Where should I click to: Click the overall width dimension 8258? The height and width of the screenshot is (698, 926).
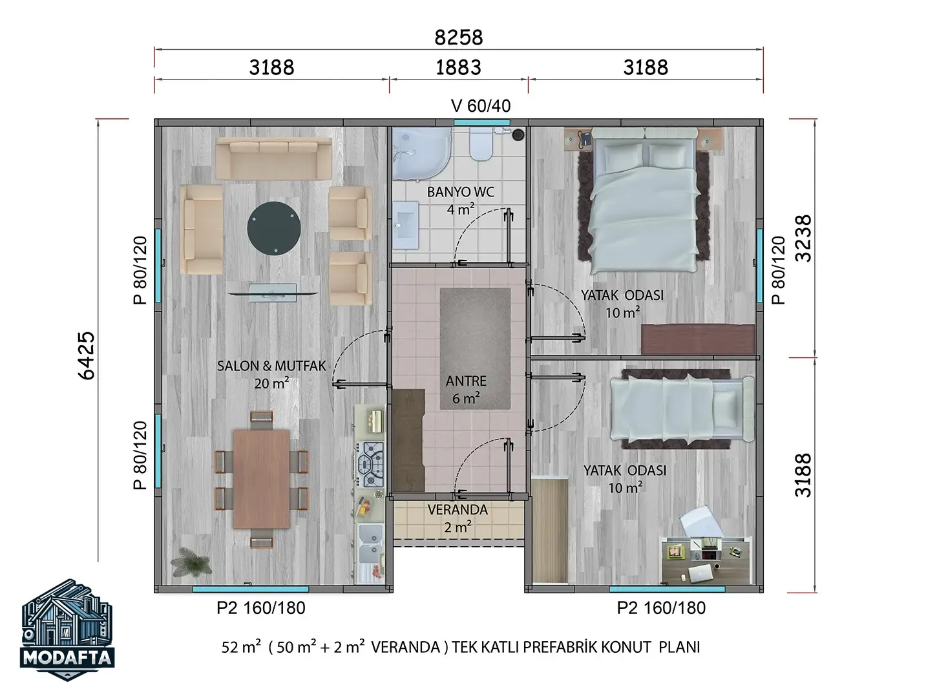pyautogui.click(x=458, y=37)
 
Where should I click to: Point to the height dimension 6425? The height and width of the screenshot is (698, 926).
pyautogui.click(x=87, y=355)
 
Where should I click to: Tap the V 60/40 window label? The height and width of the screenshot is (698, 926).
pyautogui.click(x=481, y=106)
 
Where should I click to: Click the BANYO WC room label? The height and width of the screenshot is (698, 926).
pyautogui.click(x=460, y=192)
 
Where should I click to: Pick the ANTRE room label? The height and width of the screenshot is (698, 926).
pyautogui.click(x=466, y=381)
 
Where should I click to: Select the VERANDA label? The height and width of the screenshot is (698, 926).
pyautogui.click(x=458, y=509)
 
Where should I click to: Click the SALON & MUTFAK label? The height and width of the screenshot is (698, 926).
pyautogui.click(x=271, y=366)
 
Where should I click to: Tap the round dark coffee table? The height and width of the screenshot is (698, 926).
pyautogui.click(x=274, y=228)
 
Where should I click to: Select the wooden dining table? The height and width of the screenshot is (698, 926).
pyautogui.click(x=261, y=479)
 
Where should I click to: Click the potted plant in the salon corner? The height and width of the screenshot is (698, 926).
pyautogui.click(x=191, y=562)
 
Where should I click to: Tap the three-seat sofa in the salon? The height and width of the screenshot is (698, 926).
pyautogui.click(x=273, y=158)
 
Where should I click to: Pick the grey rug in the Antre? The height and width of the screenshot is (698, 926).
pyautogui.click(x=475, y=349)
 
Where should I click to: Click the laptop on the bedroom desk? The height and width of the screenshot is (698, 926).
pyautogui.click(x=700, y=573)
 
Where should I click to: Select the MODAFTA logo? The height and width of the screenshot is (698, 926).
pyautogui.click(x=67, y=629)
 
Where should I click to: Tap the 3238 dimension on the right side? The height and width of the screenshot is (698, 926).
pyautogui.click(x=803, y=238)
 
